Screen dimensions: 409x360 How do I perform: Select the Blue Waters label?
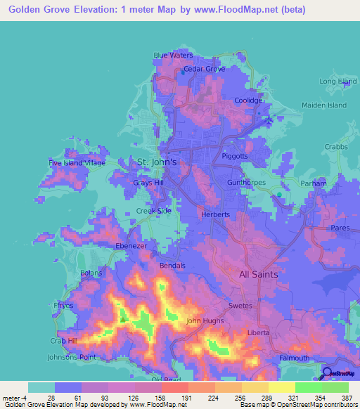click(x=173, y=55)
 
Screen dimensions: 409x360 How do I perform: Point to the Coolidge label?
click(x=248, y=100)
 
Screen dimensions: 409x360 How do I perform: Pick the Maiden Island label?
click(x=324, y=105)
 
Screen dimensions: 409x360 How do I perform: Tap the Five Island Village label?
click(x=77, y=163)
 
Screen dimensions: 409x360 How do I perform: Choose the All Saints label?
click(x=259, y=274)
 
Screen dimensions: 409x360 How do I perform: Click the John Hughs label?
click(x=204, y=321)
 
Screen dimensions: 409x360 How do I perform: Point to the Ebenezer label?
click(x=131, y=247)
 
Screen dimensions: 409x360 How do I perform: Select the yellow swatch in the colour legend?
click(x=282, y=387)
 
